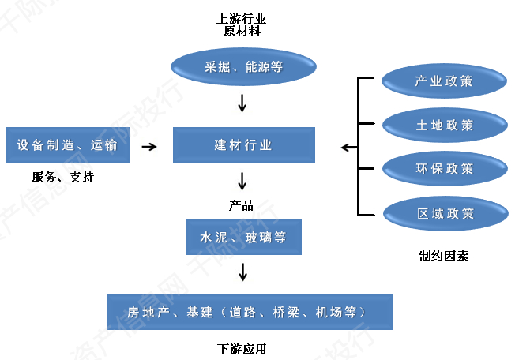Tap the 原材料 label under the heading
tap(242, 32)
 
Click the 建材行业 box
tap(243, 145)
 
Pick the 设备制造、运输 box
tap(67, 145)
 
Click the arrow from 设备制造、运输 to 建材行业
tap(148, 146)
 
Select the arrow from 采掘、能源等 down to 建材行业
tap(243, 103)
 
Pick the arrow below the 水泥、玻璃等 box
tap(243, 272)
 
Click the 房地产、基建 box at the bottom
tap(250, 312)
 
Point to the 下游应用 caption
tap(242, 347)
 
